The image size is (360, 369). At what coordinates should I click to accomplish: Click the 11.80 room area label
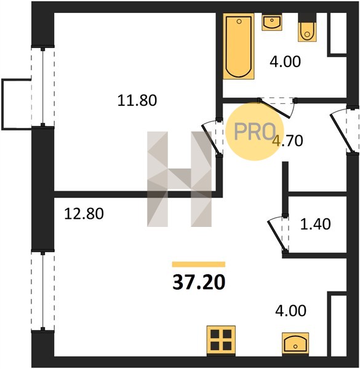click(137, 100)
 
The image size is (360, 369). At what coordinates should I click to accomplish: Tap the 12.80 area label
click(84, 213)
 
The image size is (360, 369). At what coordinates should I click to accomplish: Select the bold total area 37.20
click(199, 282)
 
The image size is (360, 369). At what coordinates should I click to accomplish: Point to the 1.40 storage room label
click(315, 224)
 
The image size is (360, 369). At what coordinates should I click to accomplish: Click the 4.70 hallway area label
click(288, 141)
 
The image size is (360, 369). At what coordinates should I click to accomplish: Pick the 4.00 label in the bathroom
click(285, 61)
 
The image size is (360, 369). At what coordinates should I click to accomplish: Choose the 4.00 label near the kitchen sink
click(291, 311)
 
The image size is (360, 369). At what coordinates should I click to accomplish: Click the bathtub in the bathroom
click(239, 46)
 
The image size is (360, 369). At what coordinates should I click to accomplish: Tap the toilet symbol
click(307, 28)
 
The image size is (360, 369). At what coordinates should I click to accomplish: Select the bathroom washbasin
click(272, 22)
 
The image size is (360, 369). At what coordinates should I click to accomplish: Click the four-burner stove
click(221, 340)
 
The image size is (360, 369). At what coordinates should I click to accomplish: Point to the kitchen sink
click(295, 344)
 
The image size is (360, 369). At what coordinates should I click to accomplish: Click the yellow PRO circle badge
click(255, 132)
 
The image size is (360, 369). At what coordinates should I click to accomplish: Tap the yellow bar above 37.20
click(199, 264)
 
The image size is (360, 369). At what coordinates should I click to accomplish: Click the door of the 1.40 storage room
click(278, 234)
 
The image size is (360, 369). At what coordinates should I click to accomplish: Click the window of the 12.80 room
click(43, 291)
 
